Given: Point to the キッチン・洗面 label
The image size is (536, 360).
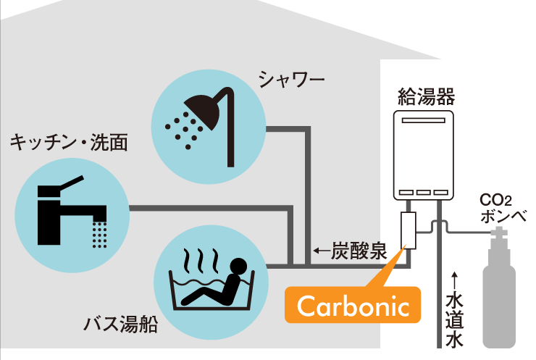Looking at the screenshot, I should (x=69, y=142).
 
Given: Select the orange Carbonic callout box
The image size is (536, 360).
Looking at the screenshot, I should (x=353, y=306).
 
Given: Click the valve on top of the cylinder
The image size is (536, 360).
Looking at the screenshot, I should (x=498, y=235).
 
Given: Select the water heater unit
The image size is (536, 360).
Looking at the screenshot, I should (x=424, y=156).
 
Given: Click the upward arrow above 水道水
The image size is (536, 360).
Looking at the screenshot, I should (x=454, y=280).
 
